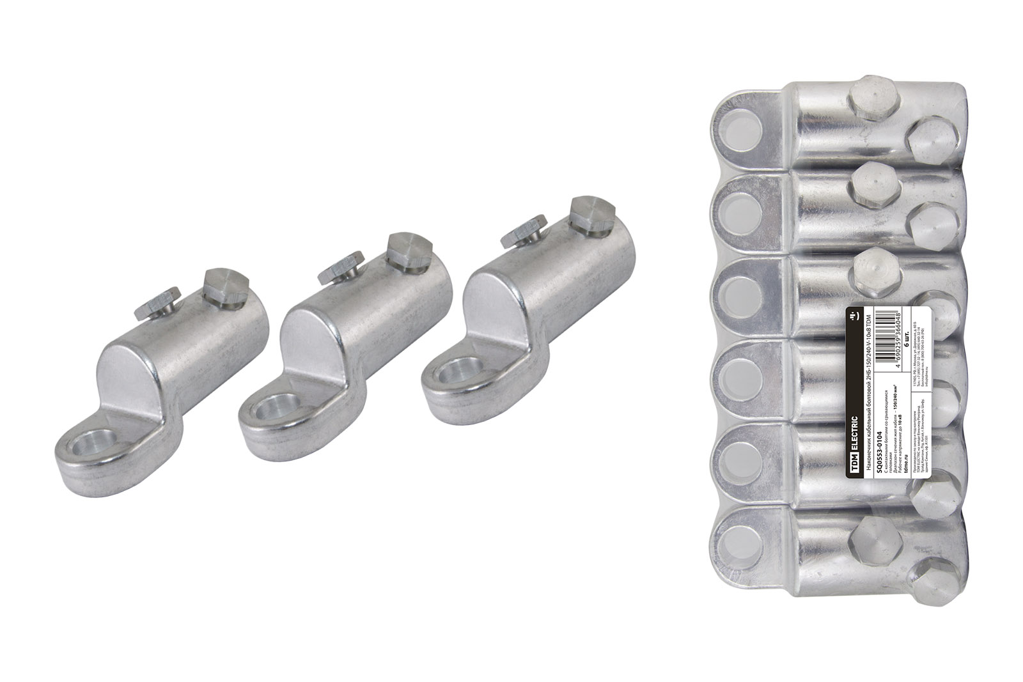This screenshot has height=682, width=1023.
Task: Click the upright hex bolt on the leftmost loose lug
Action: [225, 286]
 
